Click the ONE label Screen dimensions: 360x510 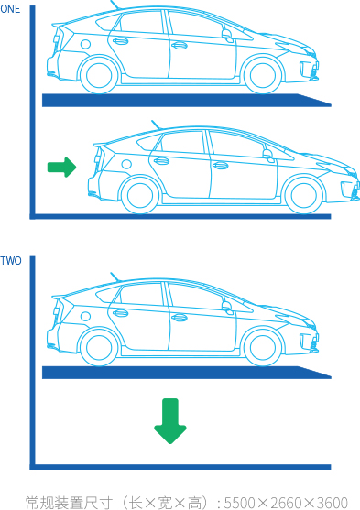coord(10,9)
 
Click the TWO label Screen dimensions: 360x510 coord(11,261)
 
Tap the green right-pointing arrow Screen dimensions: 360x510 coord(62,168)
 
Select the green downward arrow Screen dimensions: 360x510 coord(170,421)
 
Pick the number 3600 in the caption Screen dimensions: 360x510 coord(332,503)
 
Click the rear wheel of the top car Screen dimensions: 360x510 coord(99,75)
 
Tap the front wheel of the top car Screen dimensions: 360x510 coord(262,75)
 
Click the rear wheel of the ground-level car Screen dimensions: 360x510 coord(140,195)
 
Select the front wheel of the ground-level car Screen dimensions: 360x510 coord(304,195)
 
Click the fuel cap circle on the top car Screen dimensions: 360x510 coord(85,44)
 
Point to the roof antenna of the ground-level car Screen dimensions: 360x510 coord(156,125)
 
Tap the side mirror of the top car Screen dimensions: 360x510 coord(227,35)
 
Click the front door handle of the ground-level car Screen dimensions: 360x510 coord(221,166)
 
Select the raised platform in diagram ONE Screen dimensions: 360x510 coord(187,101)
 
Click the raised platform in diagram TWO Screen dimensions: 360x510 coord(187,373)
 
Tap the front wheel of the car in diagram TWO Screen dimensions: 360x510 coord(262,347)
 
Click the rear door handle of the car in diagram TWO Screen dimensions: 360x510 coord(120,313)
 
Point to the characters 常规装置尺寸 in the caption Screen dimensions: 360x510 coord(70,503)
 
